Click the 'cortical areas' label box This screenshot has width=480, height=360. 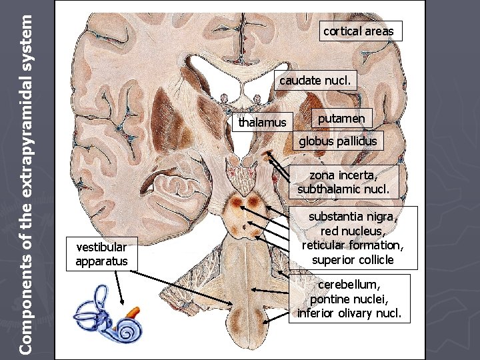[x=360, y=31]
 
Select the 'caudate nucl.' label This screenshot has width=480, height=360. [x=318, y=81]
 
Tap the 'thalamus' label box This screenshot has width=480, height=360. [x=263, y=122]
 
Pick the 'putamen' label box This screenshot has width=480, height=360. [x=341, y=119]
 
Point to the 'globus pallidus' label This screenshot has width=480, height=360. [x=337, y=141]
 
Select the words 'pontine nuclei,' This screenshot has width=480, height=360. [x=345, y=299]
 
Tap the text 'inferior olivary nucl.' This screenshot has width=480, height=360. [x=345, y=313]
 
